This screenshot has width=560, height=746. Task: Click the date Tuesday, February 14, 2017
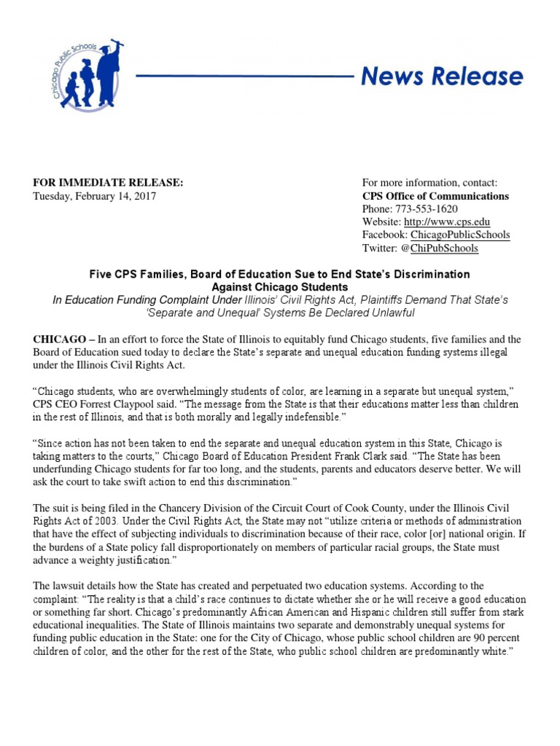pyautogui.click(x=94, y=197)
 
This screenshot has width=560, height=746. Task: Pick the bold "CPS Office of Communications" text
pyautogui.click(x=435, y=197)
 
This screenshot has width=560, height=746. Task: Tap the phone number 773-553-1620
pyautogui.click(x=431, y=209)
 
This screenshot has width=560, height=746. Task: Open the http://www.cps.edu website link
pyautogui.click(x=446, y=222)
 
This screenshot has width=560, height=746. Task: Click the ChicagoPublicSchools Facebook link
pyautogui.click(x=459, y=235)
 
